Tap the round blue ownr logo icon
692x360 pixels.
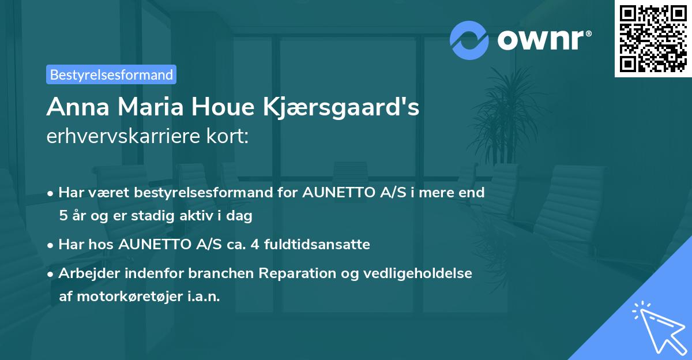[x=469, y=40]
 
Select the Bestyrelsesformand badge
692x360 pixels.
[x=111, y=74]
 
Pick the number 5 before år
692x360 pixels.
[x=63, y=216]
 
